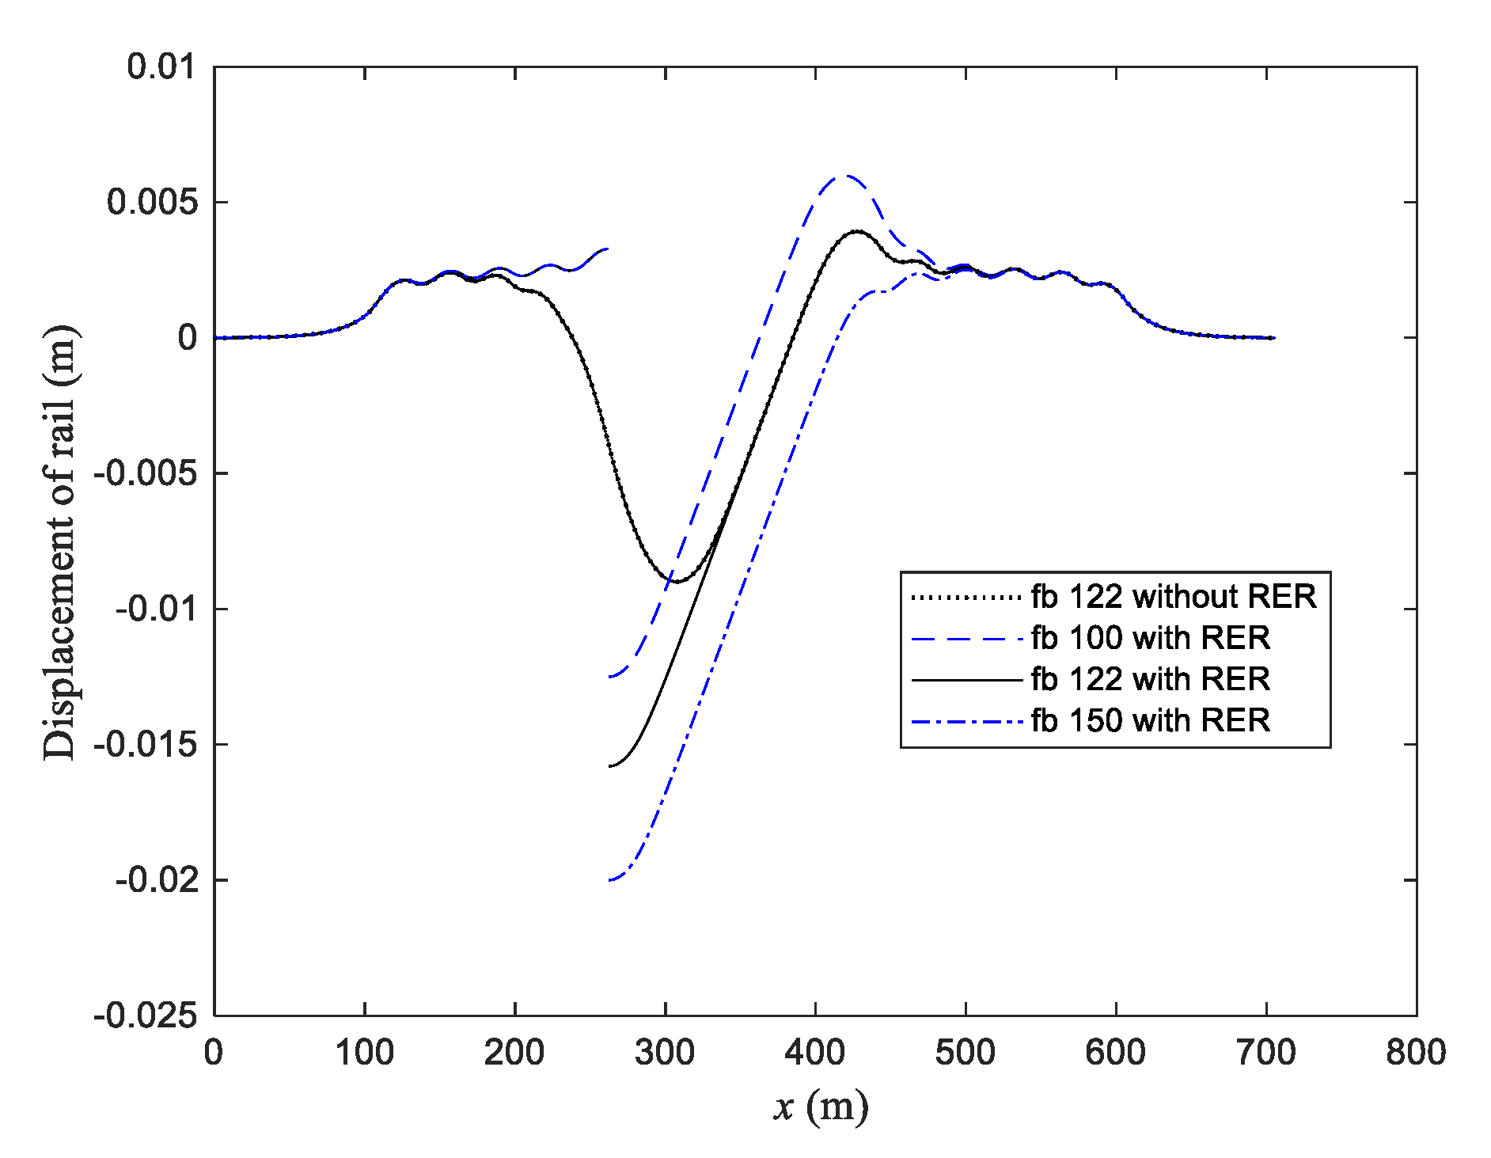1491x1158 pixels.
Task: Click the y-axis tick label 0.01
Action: (x=161, y=66)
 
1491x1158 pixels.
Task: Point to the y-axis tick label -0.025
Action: (x=146, y=1016)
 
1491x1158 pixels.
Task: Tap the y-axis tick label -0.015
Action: (x=146, y=745)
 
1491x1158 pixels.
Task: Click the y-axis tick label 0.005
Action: (x=152, y=203)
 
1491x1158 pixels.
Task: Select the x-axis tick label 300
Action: (x=665, y=1054)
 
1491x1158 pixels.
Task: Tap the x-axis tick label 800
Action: (x=1416, y=1054)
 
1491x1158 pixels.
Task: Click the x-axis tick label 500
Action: (x=966, y=1054)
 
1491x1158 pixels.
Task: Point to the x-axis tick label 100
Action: (x=364, y=1054)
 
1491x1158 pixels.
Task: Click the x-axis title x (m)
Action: (x=820, y=1107)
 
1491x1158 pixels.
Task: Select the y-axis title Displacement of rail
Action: (x=60, y=542)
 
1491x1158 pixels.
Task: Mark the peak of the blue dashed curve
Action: (x=846, y=176)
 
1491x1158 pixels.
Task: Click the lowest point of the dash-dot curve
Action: (x=610, y=879)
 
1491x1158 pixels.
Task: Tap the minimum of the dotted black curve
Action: (x=677, y=582)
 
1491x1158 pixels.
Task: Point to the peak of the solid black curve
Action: (x=857, y=231)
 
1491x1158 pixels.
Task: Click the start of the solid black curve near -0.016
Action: (x=609, y=766)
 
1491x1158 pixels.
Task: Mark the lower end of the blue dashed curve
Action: (x=609, y=677)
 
